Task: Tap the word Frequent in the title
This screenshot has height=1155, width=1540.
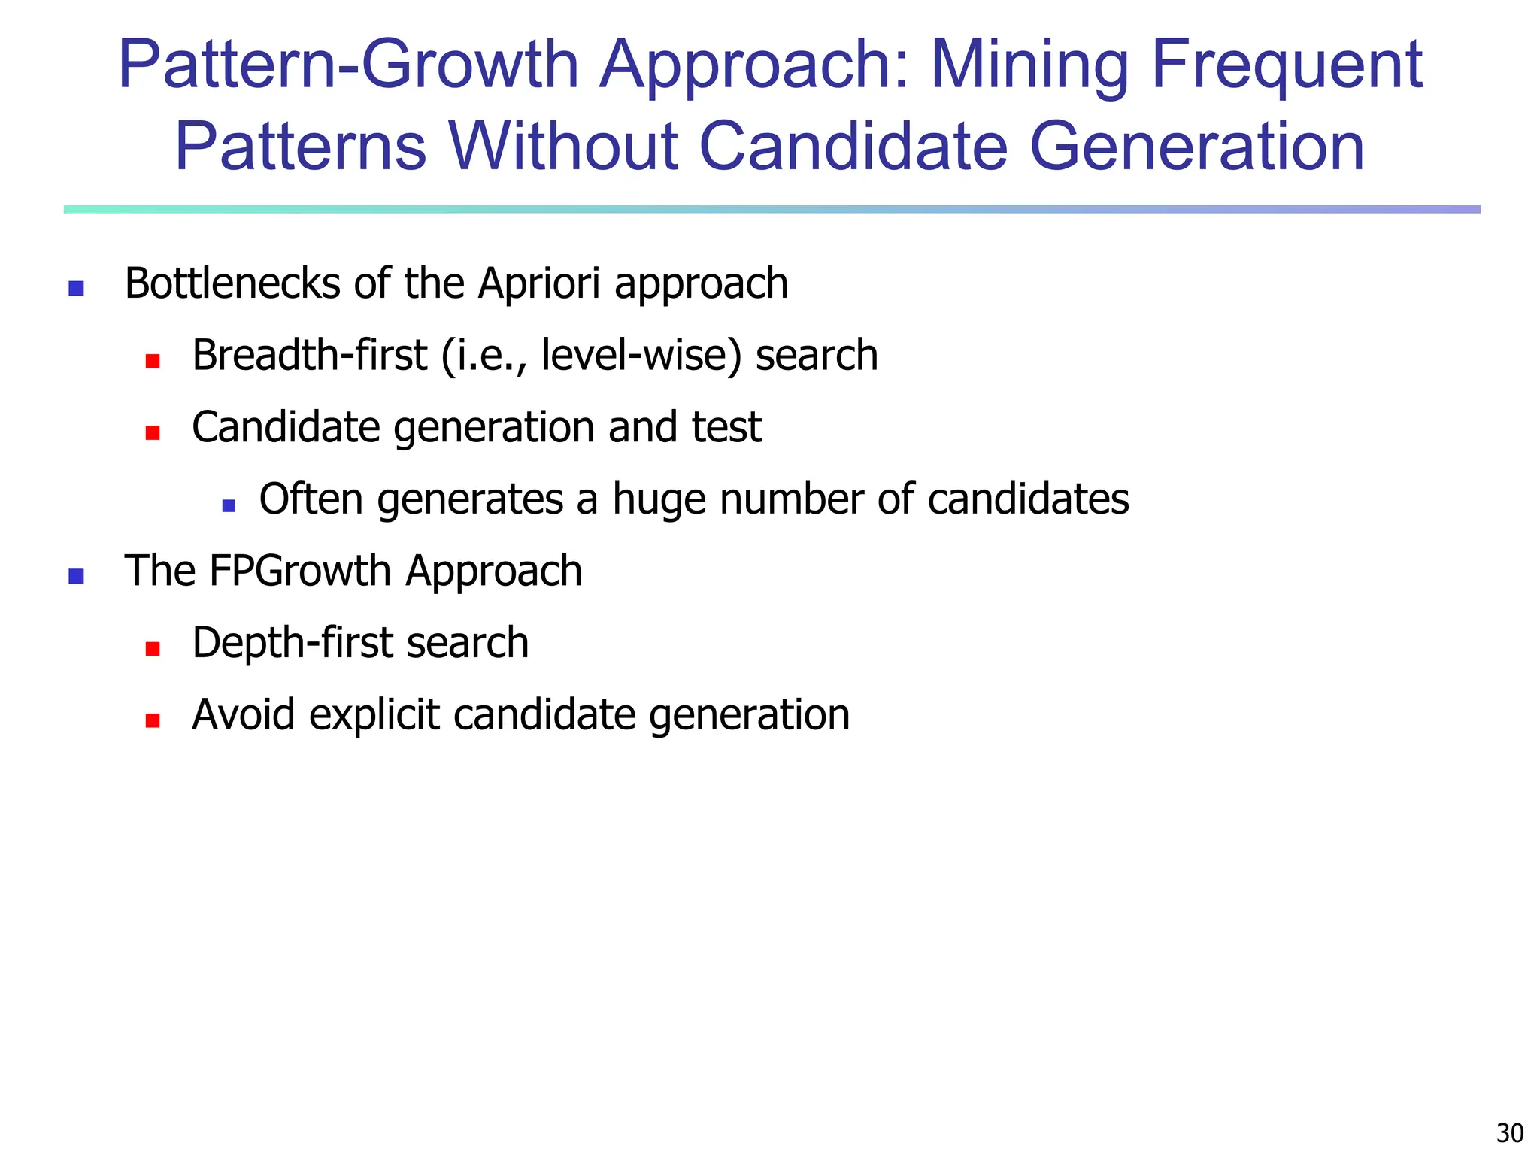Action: pyautogui.click(x=1287, y=65)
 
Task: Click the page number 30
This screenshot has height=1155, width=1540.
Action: pyautogui.click(x=1510, y=1132)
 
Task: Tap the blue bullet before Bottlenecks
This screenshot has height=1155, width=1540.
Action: pyautogui.click(x=76, y=288)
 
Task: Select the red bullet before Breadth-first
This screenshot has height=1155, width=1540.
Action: pyautogui.click(x=153, y=361)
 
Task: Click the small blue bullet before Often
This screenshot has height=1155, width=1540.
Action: pyautogui.click(x=229, y=505)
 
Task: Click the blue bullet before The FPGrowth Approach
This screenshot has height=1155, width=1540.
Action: pyautogui.click(x=76, y=576)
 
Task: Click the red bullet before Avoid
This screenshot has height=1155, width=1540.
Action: pyautogui.click(x=153, y=720)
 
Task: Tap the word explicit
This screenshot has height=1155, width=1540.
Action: pyautogui.click(x=374, y=714)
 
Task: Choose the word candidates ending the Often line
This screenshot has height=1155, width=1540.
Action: pyautogui.click(x=1028, y=499)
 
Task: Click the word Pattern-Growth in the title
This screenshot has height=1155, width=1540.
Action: pyautogui.click(x=348, y=65)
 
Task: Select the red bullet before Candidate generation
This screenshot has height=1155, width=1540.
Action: pyautogui.click(x=153, y=432)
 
